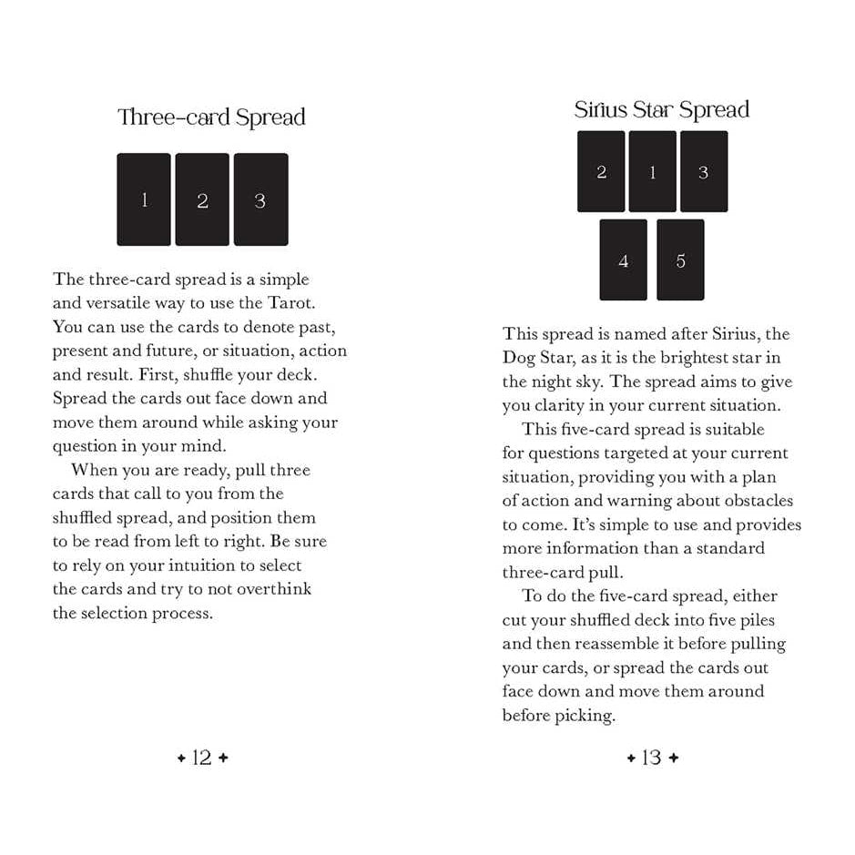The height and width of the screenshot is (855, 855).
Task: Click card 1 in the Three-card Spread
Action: tap(144, 199)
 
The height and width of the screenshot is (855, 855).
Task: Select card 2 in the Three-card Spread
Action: tap(202, 199)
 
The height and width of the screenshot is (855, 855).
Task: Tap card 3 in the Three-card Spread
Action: tap(260, 199)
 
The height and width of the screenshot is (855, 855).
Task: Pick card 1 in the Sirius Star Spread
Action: tap(652, 171)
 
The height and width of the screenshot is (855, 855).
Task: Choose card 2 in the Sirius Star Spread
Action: tap(601, 171)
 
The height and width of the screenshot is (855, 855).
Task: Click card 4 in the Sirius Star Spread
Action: tap(623, 260)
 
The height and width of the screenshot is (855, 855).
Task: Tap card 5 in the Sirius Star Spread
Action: tap(680, 260)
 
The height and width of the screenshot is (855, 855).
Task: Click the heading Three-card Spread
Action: tap(211, 117)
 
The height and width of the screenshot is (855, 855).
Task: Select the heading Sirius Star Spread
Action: tap(662, 110)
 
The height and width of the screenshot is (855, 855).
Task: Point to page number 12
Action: tap(202, 758)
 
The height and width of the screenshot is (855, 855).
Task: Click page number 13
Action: tap(651, 758)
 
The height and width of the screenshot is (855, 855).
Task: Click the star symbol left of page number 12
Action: tap(181, 758)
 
